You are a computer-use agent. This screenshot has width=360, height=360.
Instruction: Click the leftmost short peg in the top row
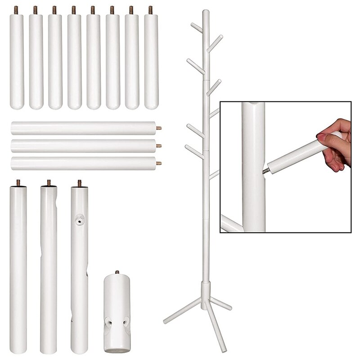pyautogui.click(x=17, y=61)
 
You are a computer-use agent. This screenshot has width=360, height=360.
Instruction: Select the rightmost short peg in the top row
pyautogui.click(x=151, y=61)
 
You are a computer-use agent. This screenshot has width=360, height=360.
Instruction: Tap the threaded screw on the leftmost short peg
pyautogui.click(x=16, y=9)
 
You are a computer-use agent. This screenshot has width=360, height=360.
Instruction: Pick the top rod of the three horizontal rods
pyautogui.click(x=83, y=128)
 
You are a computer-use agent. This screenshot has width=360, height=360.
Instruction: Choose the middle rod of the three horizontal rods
pyautogui.click(x=83, y=146)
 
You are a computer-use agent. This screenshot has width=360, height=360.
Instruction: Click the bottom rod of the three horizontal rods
pyautogui.click(x=83, y=163)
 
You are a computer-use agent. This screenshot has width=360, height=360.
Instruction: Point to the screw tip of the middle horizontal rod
pyautogui.click(x=159, y=145)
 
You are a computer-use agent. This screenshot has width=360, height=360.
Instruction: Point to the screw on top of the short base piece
pyautogui.click(x=117, y=272)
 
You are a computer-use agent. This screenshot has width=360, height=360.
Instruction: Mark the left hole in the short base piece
pyautogui.click(x=108, y=322)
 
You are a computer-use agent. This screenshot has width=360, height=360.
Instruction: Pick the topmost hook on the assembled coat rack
pyautogui.click(x=197, y=27)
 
